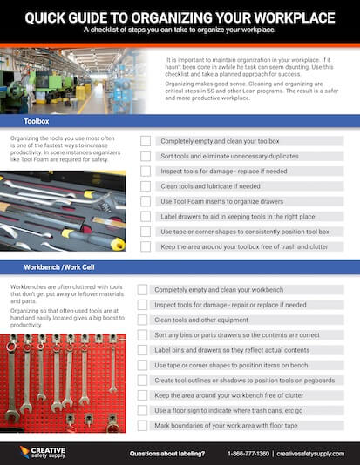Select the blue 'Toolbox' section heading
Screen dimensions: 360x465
pos(37,123)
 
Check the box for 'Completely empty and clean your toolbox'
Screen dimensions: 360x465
pos(146,141)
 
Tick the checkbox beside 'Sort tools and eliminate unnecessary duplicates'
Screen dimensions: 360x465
pos(146,156)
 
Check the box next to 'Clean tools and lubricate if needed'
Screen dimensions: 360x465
pos(146,186)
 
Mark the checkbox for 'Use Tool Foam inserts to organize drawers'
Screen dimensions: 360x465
pos(146,202)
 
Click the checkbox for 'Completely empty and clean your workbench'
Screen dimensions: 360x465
pos(146,289)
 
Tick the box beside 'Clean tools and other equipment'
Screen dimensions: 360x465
pos(146,320)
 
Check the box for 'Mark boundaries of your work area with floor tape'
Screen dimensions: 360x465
pos(146,426)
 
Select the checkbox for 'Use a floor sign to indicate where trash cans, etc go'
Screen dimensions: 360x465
pos(146,411)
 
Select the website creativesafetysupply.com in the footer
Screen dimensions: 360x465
pos(312,454)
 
